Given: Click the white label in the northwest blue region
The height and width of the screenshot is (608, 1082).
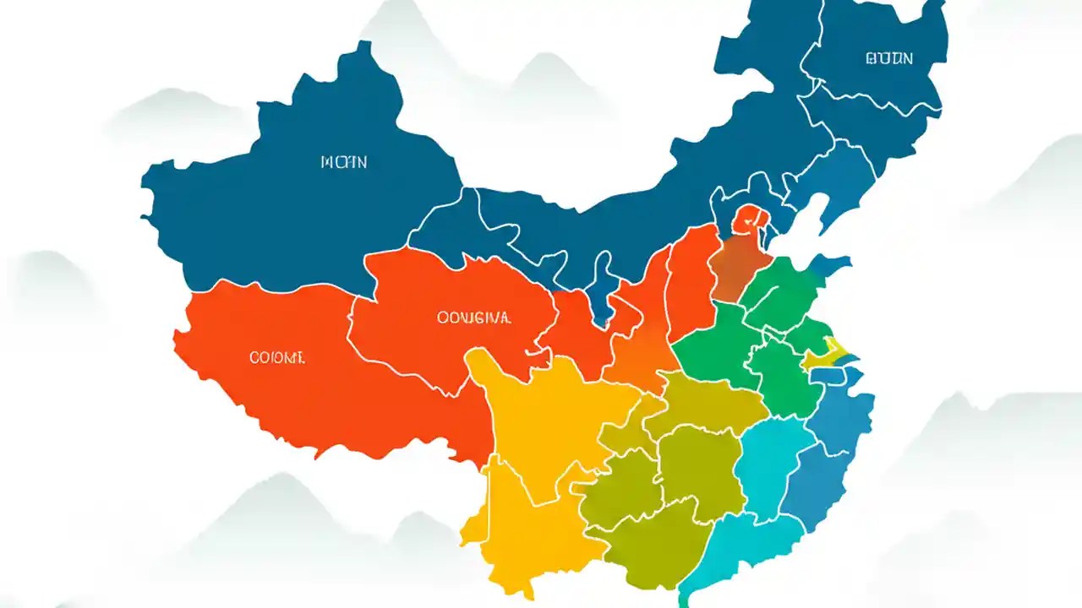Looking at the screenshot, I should coord(344,162).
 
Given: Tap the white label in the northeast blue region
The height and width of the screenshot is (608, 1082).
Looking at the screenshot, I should coord(889,58).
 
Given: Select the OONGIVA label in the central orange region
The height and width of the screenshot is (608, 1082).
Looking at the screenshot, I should coord(473,318).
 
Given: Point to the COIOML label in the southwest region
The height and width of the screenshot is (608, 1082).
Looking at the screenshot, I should coord(277,358).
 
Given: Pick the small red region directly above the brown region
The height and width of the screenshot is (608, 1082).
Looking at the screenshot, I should coord(749,219).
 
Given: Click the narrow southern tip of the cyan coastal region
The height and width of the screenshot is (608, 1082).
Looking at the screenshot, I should coord(683,598).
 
